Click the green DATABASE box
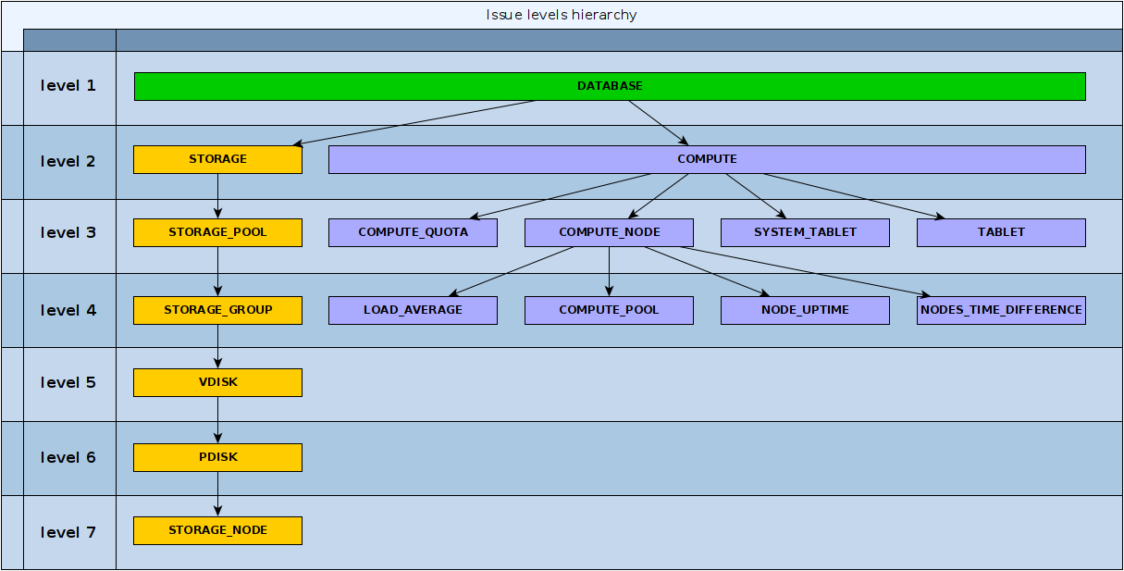click(609, 86)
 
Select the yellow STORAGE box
click(217, 159)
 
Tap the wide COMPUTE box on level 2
click(707, 159)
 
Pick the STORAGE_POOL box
click(217, 232)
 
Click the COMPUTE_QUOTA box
click(413, 232)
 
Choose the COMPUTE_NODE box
click(609, 232)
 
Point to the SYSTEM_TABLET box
click(805, 232)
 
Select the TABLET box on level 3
click(1001, 232)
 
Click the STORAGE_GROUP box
click(217, 310)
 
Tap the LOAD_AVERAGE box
click(413, 310)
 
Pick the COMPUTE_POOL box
click(609, 310)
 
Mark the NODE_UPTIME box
click(805, 310)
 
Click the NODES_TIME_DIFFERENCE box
click(1001, 310)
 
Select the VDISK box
click(217, 382)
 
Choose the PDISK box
click(217, 457)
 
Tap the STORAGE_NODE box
click(217, 530)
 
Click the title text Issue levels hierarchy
click(562, 15)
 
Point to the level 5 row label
click(68, 383)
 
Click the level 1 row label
click(68, 86)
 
